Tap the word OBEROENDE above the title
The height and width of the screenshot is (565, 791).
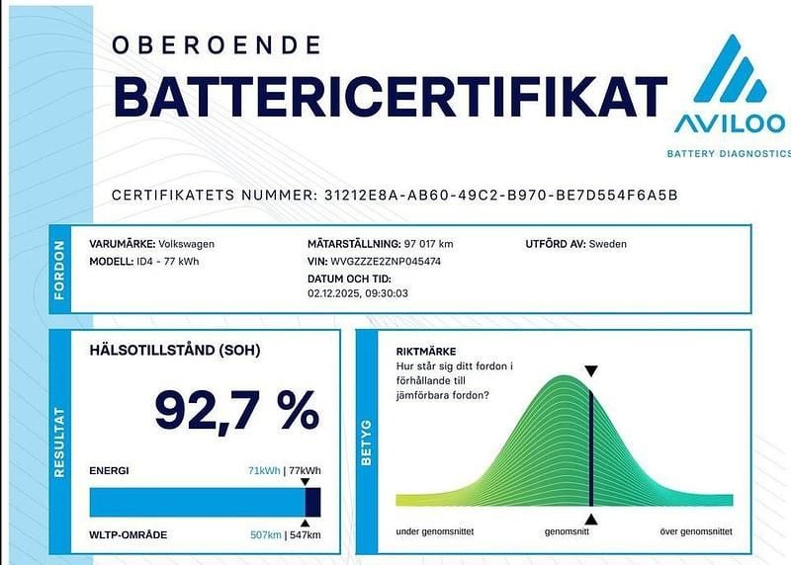tap(217, 44)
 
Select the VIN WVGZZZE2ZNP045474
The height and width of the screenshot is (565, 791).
tap(387, 262)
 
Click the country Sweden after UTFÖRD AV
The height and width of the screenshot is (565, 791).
tap(607, 244)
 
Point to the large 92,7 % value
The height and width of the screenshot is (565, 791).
tap(236, 410)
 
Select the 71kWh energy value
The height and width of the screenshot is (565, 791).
tap(264, 470)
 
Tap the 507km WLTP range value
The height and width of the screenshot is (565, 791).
tap(265, 534)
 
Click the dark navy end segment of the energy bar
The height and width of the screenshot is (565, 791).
tap(312, 502)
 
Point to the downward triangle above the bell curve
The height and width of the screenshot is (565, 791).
tap(590, 371)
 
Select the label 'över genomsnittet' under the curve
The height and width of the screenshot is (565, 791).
tap(696, 531)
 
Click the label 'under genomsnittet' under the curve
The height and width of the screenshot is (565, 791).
tap(434, 531)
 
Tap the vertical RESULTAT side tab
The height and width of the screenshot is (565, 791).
tap(58, 442)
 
